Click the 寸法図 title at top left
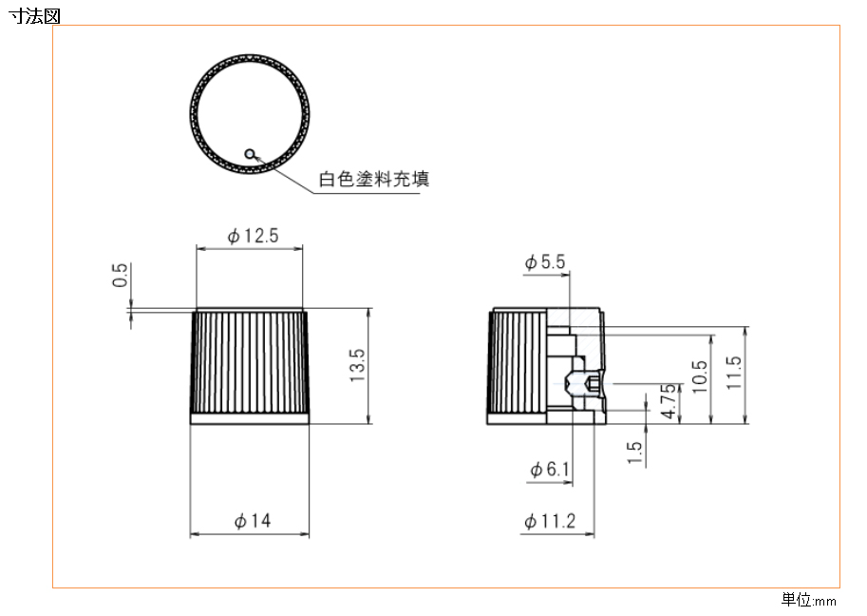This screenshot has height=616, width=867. point(34,15)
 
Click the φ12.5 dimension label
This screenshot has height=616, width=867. point(253,237)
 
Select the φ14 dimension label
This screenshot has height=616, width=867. point(253,521)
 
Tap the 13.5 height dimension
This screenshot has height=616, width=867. point(357,365)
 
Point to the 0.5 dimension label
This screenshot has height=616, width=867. point(120,275)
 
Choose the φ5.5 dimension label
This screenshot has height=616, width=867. point(545,261)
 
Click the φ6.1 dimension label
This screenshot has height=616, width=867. point(550,470)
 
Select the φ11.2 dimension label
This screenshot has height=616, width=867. point(550,521)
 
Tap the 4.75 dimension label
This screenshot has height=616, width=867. point(669,401)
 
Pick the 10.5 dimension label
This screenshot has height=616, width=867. point(700,376)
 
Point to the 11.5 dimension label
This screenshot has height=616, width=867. point(733,373)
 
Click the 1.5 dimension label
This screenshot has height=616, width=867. point(634,452)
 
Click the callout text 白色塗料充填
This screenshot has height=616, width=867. point(374,179)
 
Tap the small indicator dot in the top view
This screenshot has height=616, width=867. point(250,154)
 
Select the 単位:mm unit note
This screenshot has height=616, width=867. point(808,600)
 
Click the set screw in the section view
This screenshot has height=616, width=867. point(584,384)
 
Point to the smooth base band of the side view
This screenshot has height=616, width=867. point(250,419)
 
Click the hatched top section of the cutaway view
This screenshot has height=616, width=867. point(574,318)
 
